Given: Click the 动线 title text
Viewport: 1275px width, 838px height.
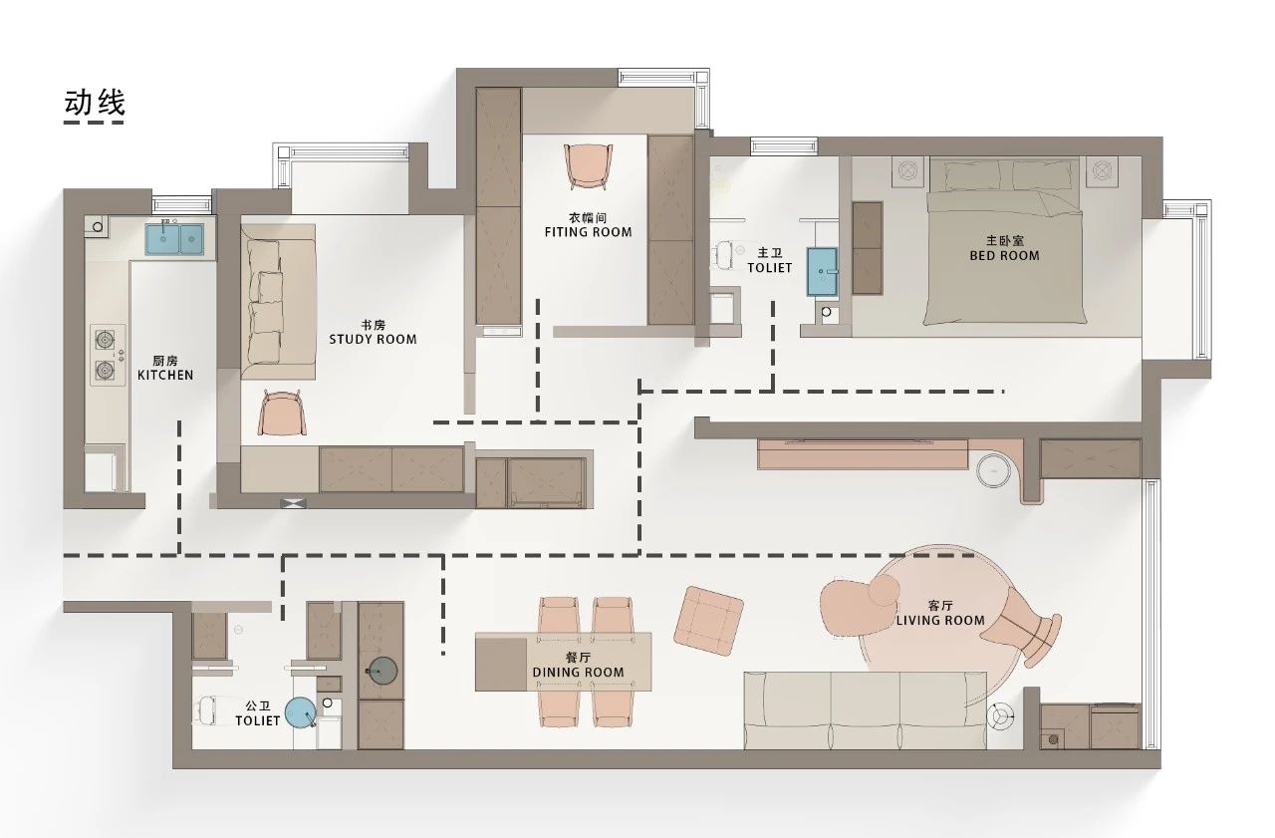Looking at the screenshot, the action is coord(94,103).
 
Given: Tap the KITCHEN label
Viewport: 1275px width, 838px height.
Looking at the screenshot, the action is coord(165,376).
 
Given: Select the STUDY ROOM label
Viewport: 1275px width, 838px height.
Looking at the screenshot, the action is coord(373,340).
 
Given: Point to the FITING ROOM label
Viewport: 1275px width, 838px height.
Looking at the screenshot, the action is coord(588,232).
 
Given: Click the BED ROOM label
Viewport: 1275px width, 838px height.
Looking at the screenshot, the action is coord(1005,256).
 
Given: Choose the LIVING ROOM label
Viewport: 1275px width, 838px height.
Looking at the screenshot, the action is coord(940,621).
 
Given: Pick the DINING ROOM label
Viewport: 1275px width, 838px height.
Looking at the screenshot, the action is coord(579,673).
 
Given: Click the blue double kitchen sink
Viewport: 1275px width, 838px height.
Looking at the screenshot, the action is coord(174,238).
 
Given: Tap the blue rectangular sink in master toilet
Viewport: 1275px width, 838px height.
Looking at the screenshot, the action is coord(822,272).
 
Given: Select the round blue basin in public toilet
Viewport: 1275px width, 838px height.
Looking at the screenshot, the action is coord(301,712).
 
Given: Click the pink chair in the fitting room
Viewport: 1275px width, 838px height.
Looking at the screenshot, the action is coord(588,165).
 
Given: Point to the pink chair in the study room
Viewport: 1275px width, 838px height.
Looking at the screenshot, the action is coord(282,413).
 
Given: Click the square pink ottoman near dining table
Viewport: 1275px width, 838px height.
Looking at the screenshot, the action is coord(708,621).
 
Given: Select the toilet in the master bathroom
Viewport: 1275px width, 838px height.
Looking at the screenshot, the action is coord(727,254).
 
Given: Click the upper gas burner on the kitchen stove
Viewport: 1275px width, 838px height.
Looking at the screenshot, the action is coord(105,341).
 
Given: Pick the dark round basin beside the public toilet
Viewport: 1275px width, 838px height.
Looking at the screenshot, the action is coord(382,671).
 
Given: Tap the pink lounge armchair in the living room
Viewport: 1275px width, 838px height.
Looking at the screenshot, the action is coord(857,606).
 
